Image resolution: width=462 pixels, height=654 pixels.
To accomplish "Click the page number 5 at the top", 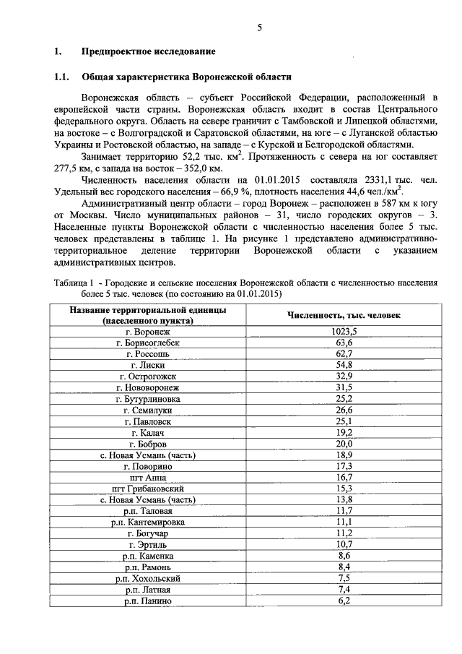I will (258, 28).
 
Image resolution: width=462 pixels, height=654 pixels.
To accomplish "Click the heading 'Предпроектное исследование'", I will (149, 52).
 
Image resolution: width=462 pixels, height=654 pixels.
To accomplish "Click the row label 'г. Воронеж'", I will (147, 331).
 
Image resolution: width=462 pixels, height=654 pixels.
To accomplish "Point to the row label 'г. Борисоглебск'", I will (147, 343).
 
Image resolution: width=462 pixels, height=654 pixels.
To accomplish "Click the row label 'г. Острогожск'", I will (147, 377).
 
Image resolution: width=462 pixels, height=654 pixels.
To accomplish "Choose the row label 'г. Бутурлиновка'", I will (147, 399).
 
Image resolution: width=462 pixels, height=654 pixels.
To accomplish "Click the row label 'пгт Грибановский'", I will (147, 489).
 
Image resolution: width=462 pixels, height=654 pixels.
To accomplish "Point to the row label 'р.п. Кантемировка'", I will (147, 522).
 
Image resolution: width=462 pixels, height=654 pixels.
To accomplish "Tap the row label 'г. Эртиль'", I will (147, 544).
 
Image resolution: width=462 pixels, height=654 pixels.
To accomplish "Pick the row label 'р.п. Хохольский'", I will (147, 578).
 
